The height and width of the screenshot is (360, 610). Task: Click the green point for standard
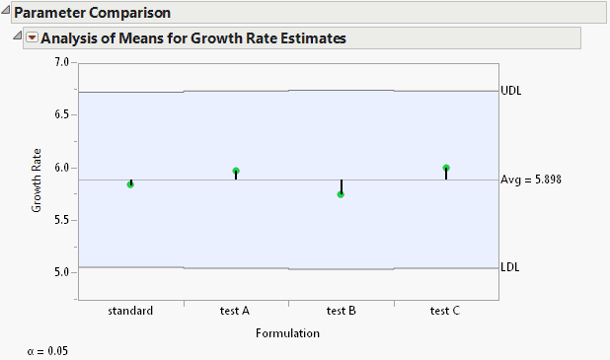click(x=130, y=184)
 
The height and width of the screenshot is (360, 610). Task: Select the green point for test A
click(x=236, y=171)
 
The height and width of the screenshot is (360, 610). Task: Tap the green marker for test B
click(x=341, y=194)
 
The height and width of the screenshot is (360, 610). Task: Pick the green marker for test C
click(x=446, y=169)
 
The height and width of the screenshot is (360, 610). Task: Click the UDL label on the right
click(x=511, y=91)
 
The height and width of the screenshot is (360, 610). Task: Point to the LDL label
click(x=510, y=267)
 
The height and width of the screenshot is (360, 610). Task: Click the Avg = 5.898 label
click(x=531, y=180)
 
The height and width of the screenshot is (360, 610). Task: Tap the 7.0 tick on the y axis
click(x=61, y=62)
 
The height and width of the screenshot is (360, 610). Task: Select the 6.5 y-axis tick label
click(x=61, y=114)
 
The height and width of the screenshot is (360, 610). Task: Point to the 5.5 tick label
click(x=61, y=220)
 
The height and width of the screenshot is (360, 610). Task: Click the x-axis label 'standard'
click(x=130, y=311)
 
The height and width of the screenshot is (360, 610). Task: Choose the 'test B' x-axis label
click(x=341, y=311)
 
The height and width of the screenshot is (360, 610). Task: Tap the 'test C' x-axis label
click(x=445, y=311)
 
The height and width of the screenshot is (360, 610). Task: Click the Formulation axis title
click(x=287, y=333)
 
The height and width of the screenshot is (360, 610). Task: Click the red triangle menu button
click(x=32, y=38)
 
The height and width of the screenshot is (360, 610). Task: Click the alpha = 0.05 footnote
click(x=47, y=350)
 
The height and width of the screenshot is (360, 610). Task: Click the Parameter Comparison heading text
click(x=93, y=13)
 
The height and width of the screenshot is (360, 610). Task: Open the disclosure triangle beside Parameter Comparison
click(x=7, y=13)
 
